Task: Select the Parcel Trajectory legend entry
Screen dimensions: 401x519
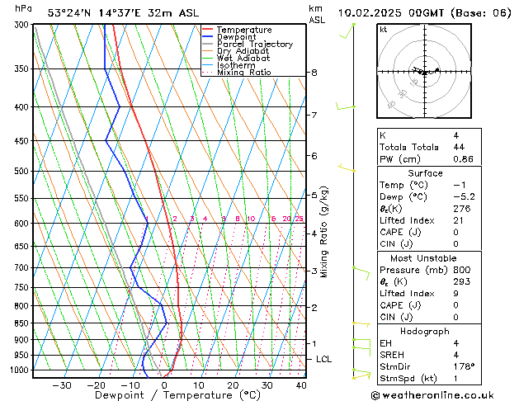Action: [254, 45]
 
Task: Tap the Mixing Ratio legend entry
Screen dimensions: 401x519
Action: [243, 73]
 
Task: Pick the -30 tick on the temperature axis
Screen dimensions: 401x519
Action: [62, 385]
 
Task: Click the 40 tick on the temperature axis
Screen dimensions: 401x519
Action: [301, 385]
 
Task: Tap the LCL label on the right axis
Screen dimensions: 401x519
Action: [324, 360]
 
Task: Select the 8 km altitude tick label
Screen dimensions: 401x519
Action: [314, 73]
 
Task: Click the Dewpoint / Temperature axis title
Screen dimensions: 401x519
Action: [166, 396]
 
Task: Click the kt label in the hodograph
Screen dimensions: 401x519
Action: [384, 30]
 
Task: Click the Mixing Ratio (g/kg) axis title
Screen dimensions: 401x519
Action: [325, 232]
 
